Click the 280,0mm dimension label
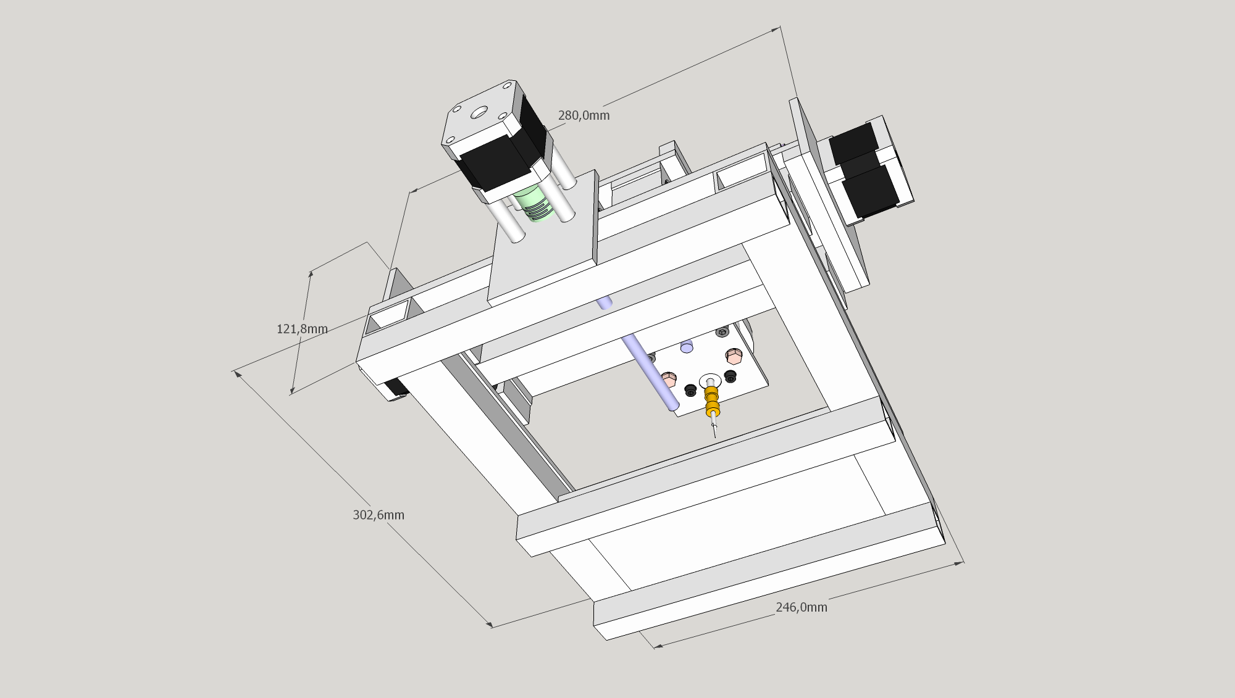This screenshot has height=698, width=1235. click(x=584, y=115)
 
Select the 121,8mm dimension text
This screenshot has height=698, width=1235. click(x=302, y=329)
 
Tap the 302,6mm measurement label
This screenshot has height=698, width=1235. click(x=379, y=515)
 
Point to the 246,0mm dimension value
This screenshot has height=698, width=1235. click(x=802, y=607)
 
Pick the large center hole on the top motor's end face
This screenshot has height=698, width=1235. click(x=479, y=114)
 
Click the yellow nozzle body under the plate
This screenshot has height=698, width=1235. click(x=712, y=401)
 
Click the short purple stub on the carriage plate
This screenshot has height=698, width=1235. click(x=687, y=346)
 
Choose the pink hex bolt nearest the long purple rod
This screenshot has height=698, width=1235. click(x=669, y=378)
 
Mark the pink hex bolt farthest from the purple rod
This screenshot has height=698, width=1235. click(x=734, y=356)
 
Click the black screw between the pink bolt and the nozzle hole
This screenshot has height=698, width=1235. click(x=691, y=390)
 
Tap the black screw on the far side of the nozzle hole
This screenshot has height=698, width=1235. click(x=731, y=376)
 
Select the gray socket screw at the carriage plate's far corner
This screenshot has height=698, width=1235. click(x=722, y=333)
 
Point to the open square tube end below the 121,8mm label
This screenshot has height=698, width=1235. click(x=388, y=315)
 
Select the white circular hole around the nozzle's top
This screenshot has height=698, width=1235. click(x=710, y=380)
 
